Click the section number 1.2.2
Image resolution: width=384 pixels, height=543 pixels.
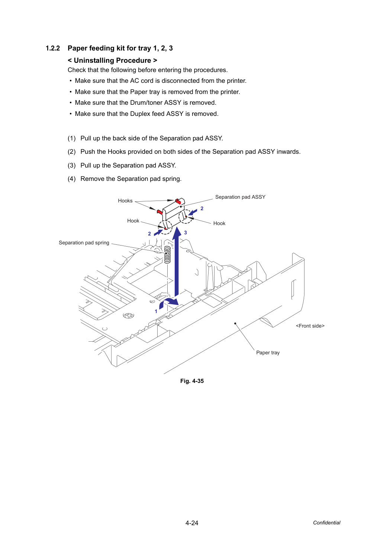53,48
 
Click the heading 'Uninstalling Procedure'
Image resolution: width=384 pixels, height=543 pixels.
112,61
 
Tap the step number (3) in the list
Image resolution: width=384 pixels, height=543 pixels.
72,165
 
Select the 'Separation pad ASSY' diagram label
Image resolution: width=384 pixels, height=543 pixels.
240,197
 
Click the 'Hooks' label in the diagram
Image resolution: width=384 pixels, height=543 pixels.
125,201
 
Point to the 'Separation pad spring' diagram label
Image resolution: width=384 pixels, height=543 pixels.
84,243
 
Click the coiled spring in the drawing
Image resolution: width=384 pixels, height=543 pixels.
167,254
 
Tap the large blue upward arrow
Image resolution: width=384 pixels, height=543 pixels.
177,261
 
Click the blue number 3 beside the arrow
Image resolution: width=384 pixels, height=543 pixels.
185,233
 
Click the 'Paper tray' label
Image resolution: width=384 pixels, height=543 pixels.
268,352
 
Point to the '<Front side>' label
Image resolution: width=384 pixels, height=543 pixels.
310,326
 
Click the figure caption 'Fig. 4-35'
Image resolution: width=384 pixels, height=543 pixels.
192,381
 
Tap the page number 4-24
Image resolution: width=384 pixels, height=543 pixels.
192,523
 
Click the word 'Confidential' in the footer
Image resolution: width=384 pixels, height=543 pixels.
326,523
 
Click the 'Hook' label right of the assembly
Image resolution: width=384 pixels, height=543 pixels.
219,223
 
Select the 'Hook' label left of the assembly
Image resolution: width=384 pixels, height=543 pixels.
133,221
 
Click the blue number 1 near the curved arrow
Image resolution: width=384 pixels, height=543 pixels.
156,312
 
